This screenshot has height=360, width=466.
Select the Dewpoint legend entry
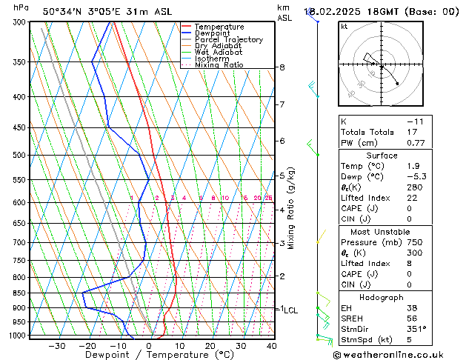(215, 33)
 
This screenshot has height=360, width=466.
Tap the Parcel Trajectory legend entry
(228, 40)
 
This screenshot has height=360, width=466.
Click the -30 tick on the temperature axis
(57, 346)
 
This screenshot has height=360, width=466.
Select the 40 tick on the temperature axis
(271, 346)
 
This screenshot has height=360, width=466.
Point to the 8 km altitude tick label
(282, 67)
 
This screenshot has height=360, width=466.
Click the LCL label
(291, 310)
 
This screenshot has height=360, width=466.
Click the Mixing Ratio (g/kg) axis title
(291, 208)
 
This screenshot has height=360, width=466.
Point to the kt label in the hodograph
(344, 27)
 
